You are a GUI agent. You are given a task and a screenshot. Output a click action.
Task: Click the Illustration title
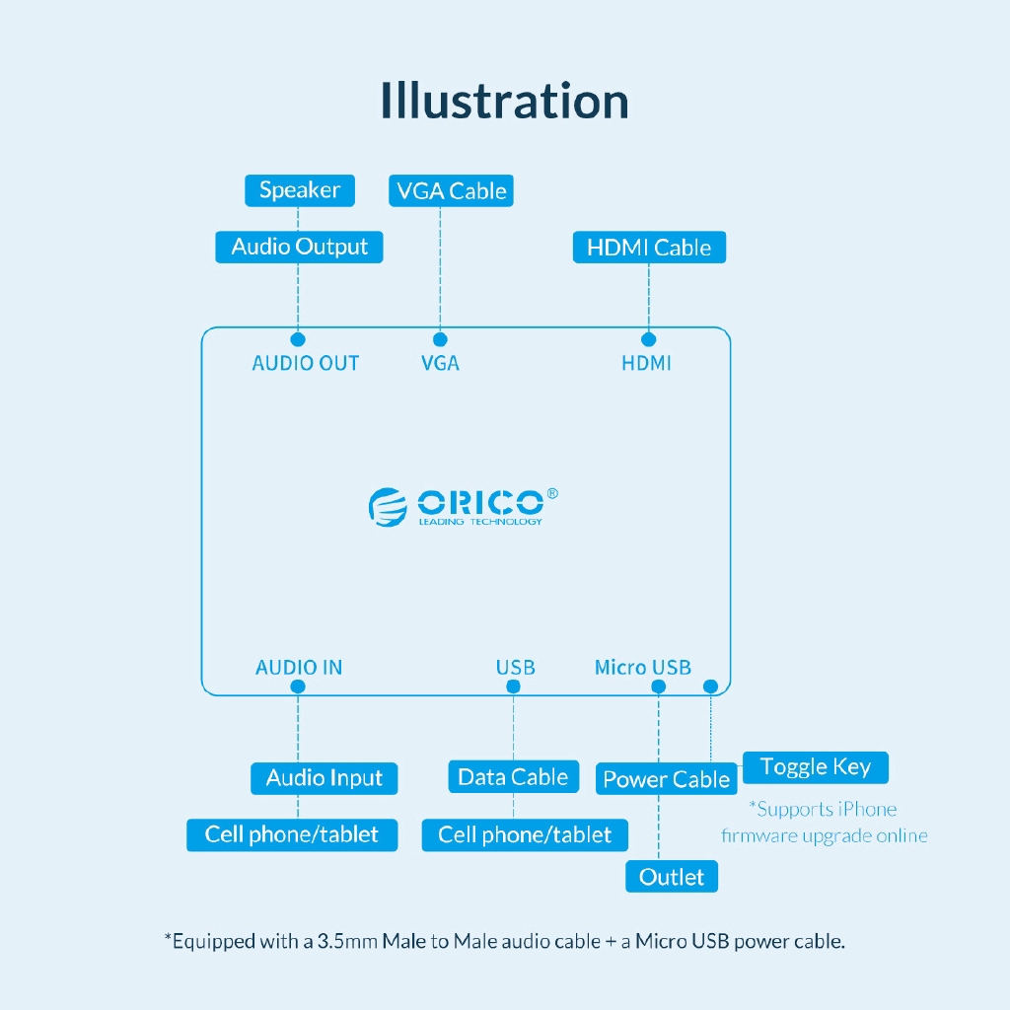[504, 102]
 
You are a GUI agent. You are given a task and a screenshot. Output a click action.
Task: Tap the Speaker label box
[300, 190]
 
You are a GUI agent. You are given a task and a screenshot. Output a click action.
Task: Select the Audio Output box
[299, 247]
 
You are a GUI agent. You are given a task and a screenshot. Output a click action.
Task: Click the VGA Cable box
[451, 190]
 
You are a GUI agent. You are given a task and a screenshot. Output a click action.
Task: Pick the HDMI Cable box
[649, 247]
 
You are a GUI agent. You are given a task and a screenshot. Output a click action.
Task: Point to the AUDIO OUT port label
[306, 363]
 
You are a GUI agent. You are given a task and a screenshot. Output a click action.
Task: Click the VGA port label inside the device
[440, 363]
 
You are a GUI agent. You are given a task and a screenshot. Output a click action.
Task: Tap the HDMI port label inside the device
[646, 363]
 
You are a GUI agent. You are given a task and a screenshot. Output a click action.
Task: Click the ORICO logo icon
[388, 506]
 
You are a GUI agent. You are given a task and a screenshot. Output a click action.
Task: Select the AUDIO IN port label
[299, 668]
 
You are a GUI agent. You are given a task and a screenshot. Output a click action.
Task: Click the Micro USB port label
[643, 668]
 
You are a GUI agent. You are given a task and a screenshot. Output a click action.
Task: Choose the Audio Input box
[324, 778]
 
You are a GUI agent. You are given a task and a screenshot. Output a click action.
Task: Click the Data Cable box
[513, 777]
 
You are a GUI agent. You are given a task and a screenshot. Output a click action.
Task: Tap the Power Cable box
[666, 779]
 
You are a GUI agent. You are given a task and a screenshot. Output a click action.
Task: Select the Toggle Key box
[815, 767]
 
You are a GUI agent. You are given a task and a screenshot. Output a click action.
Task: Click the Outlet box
[672, 877]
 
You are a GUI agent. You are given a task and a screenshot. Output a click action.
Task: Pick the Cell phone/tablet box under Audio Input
[292, 834]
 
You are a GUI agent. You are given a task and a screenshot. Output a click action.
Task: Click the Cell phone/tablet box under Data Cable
[525, 835]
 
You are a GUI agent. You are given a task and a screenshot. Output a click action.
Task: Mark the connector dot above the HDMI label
[648, 339]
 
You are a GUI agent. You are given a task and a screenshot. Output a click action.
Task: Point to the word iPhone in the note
[867, 810]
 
